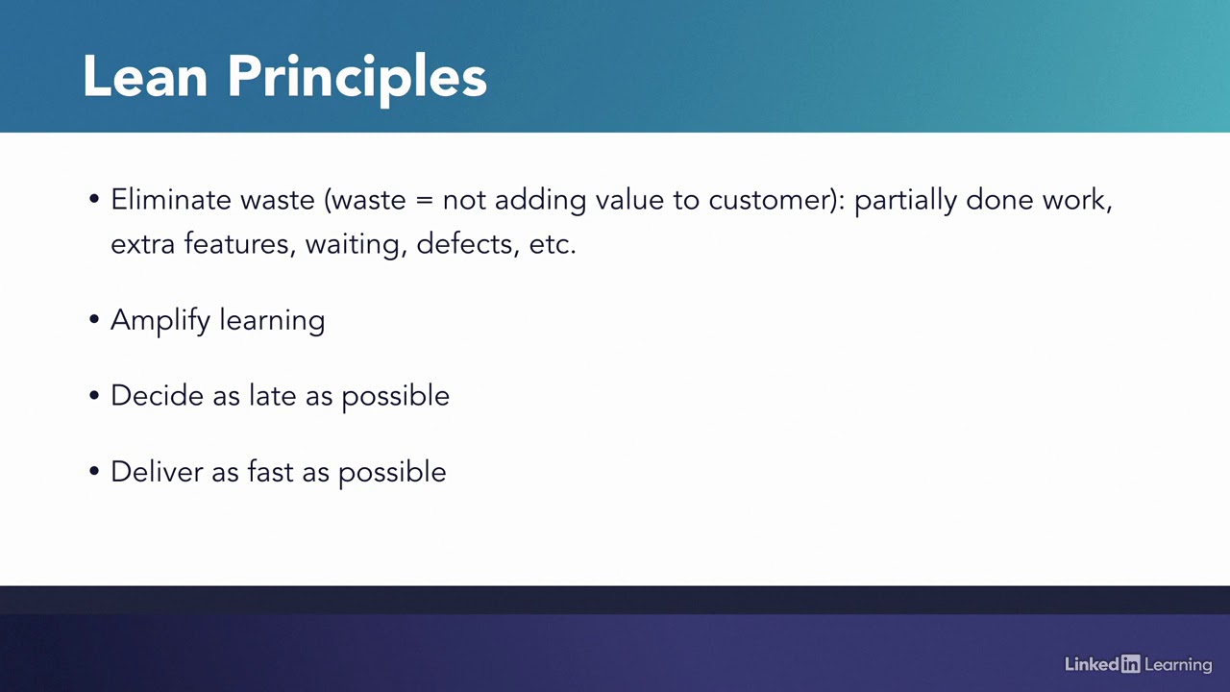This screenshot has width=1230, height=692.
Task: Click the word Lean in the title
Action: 144,77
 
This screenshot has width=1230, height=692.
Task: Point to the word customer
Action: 774,200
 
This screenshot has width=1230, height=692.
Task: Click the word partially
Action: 905,200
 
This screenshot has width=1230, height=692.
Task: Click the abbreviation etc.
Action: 552,244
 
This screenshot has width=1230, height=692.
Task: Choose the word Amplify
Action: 160,320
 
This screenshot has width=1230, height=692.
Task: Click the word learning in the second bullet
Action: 272,320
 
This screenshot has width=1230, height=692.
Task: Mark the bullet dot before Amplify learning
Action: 94,319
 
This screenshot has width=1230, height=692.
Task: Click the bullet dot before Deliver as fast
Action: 94,471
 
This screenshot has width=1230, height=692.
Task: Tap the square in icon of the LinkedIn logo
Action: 1130,664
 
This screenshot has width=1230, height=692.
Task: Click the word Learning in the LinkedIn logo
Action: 1178,665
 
